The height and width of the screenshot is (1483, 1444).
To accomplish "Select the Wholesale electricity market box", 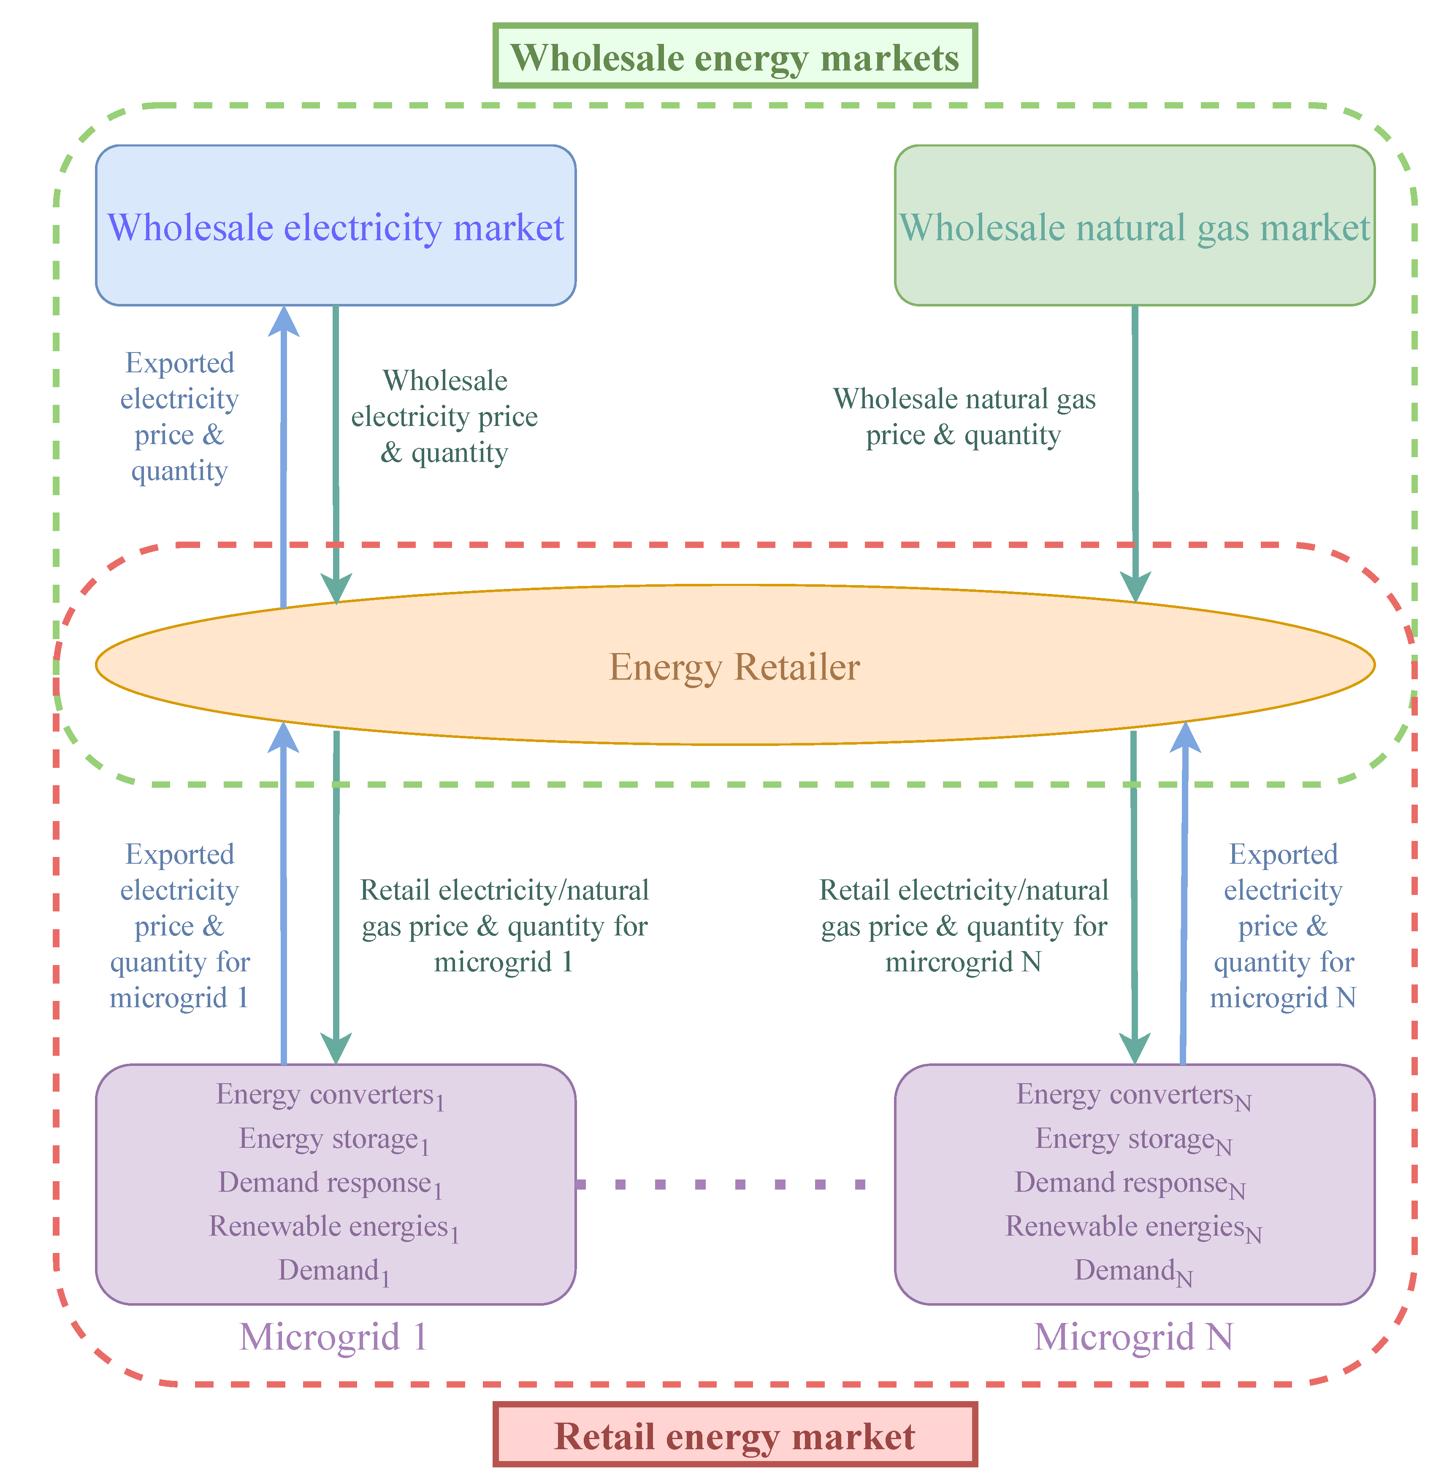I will coord(335,226).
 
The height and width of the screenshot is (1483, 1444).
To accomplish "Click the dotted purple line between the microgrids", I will coord(721,1183).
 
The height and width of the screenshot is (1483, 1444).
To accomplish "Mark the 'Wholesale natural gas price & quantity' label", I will coord(964,417).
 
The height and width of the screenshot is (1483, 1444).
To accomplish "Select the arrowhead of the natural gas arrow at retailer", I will coord(1135,588).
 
